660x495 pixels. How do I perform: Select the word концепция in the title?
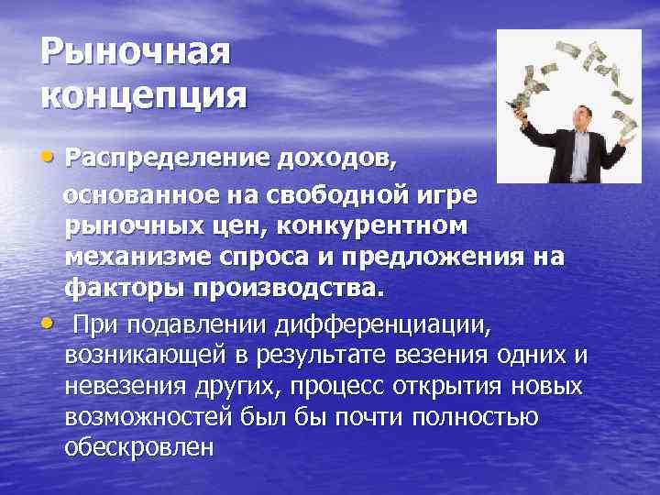pos(144,94)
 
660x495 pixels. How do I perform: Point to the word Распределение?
pos(165,161)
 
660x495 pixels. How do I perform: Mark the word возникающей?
pos(151,355)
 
